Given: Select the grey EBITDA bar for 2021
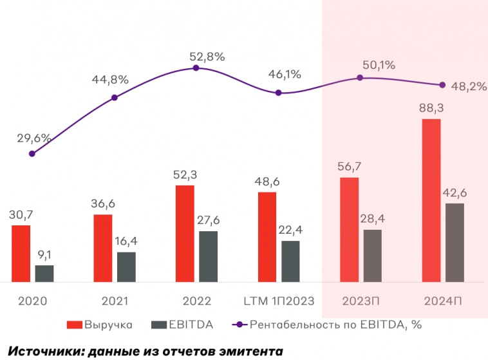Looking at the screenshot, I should pos(126,267).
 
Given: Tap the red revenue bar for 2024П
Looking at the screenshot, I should pos(431,200).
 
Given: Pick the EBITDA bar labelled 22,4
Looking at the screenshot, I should pos(290,261).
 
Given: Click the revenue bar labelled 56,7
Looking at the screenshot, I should pos(349,229).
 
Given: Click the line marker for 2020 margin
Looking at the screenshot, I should pos(32,153).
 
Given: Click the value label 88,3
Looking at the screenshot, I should pos(431,109).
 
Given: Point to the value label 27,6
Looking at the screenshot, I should pos(208,221).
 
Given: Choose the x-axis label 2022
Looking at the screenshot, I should pos(196,301).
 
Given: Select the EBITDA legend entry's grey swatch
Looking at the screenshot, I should pos(156,325).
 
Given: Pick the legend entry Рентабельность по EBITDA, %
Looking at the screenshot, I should pos(335,325).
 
